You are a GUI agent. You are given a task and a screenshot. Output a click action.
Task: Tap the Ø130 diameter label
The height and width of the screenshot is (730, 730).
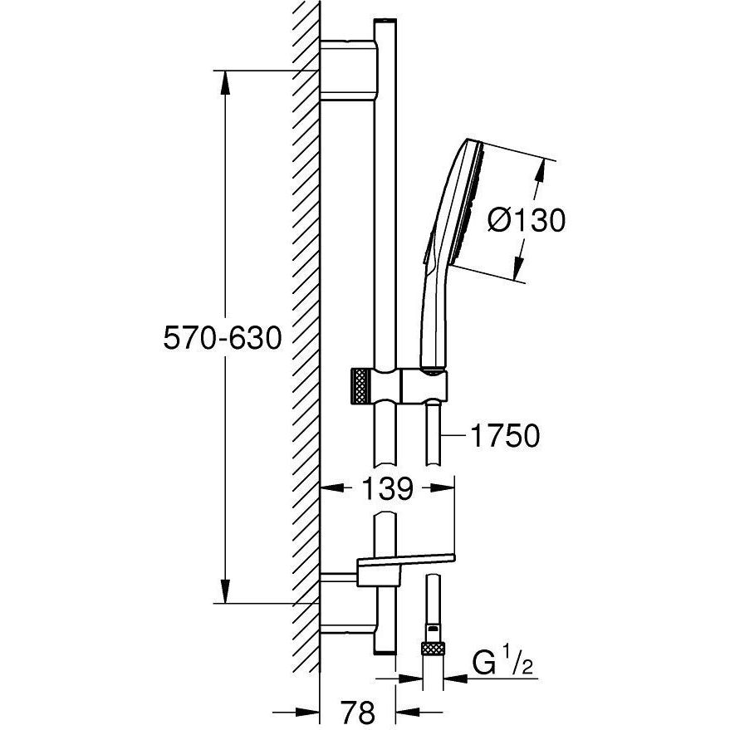(x=527, y=220)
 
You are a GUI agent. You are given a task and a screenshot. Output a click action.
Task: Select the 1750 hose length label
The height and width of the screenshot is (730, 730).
(x=506, y=435)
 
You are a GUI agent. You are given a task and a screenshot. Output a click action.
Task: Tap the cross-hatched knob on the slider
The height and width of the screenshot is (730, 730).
(x=362, y=385)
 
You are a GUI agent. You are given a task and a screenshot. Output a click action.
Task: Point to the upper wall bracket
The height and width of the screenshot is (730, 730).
(x=349, y=71)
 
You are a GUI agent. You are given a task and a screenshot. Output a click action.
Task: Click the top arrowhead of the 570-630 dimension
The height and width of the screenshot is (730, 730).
(x=225, y=82)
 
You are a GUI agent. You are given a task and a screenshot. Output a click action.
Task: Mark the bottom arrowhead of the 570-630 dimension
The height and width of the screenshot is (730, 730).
(x=225, y=591)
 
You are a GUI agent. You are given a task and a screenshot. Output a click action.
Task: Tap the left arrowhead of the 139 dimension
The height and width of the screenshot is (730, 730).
(x=333, y=487)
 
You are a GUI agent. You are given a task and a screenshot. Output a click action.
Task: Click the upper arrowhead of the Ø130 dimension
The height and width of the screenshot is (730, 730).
(x=541, y=170)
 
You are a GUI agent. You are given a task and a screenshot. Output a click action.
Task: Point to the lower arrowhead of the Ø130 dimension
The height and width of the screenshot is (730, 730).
(x=517, y=270)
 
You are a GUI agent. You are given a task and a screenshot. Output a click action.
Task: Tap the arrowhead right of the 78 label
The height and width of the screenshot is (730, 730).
(x=408, y=712)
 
